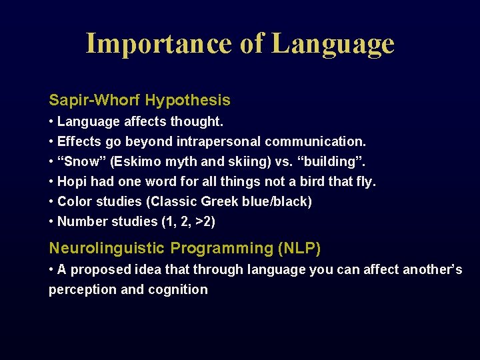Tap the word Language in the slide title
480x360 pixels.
pos(333,45)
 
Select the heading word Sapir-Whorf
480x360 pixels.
pos(95,101)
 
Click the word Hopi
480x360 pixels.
pos(72,182)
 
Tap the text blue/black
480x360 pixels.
pos(275,201)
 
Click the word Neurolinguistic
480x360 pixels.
pos(107,249)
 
